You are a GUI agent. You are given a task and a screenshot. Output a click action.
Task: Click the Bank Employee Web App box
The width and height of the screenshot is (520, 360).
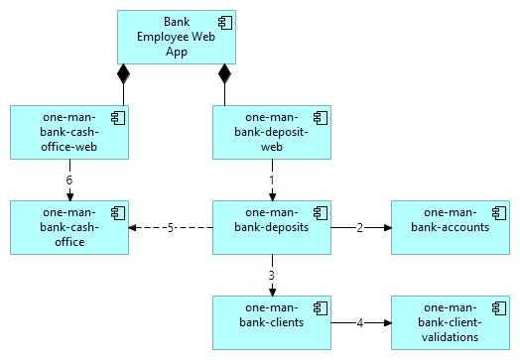(x=176, y=37)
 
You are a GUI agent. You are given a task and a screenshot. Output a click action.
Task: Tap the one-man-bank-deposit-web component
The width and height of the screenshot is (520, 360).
(x=272, y=132)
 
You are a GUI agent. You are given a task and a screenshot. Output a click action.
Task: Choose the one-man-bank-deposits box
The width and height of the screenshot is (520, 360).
(x=272, y=227)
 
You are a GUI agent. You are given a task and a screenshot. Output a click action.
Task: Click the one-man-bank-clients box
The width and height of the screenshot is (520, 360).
(x=272, y=321)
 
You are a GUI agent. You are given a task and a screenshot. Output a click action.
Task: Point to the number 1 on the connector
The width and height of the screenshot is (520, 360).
(x=272, y=180)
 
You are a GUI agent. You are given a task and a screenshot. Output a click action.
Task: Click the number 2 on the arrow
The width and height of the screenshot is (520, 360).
(x=361, y=227)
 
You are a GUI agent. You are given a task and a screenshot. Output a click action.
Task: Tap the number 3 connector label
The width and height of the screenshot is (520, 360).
(x=272, y=275)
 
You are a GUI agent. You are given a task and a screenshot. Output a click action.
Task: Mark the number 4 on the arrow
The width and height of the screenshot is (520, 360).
(x=361, y=321)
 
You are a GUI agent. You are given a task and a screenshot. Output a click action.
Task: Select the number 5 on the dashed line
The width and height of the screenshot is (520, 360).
(x=171, y=227)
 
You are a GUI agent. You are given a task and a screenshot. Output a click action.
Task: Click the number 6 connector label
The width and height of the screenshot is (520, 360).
(x=68, y=180)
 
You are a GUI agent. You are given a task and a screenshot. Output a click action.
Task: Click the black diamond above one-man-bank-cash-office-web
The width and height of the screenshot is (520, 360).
(x=124, y=73)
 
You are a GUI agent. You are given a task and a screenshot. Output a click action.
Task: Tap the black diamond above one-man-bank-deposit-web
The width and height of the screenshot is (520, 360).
(x=225, y=73)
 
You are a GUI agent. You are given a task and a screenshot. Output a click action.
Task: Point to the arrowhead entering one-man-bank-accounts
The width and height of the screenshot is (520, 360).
(x=386, y=227)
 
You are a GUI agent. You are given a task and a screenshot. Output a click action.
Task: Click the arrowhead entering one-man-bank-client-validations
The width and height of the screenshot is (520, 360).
(x=386, y=321)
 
